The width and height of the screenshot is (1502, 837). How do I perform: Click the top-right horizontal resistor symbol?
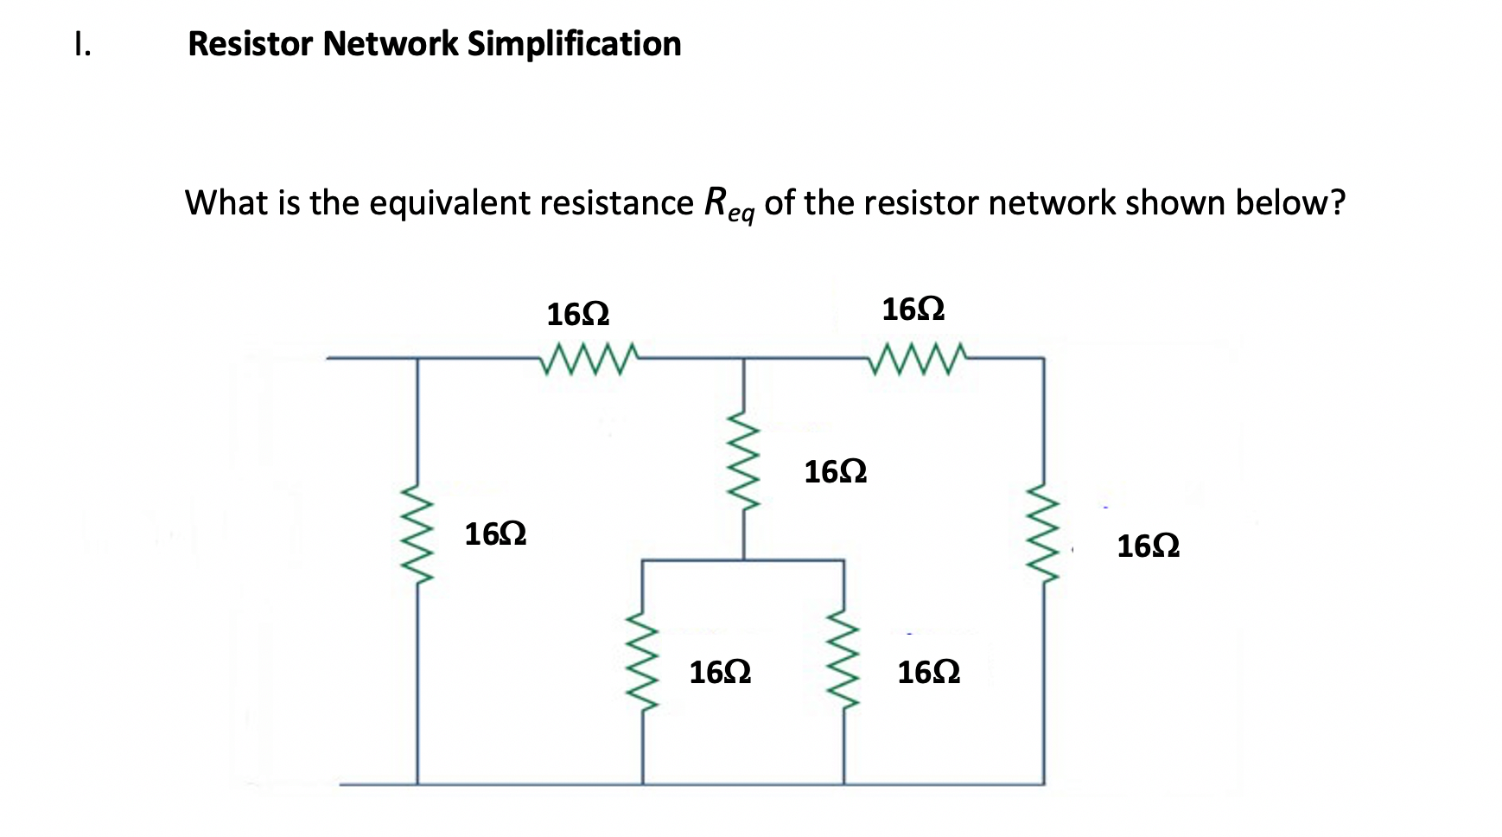[x=921, y=358]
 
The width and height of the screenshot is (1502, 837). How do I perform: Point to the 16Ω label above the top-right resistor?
[x=913, y=310]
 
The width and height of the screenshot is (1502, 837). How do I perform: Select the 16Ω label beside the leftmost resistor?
[x=496, y=535]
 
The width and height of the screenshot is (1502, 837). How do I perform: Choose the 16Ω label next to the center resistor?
[x=836, y=473]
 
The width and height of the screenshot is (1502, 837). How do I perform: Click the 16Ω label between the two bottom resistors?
[x=720, y=673]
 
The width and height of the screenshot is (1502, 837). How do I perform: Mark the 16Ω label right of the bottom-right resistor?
[x=929, y=673]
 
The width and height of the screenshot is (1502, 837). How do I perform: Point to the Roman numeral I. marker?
[x=82, y=44]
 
